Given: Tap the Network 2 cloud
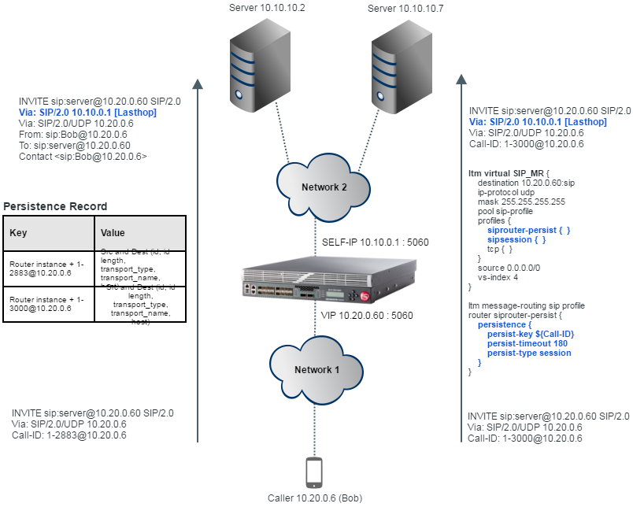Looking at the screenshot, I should point(323,187).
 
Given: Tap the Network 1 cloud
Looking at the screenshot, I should point(313,369).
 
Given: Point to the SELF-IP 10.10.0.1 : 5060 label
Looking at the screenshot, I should point(376,242).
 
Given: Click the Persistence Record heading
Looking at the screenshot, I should point(55,207).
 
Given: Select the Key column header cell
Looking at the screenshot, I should point(49,234).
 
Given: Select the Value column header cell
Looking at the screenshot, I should point(140,234).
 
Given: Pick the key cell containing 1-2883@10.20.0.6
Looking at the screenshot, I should point(49,268).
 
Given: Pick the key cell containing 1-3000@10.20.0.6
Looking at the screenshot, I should point(49,303).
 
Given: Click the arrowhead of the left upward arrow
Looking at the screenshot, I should point(197,83).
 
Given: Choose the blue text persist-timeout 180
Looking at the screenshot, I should point(527,344).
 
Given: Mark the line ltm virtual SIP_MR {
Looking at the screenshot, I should point(509,172).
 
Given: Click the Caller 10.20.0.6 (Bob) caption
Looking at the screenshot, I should point(314,498).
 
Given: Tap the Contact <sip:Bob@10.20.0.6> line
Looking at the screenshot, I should point(83,157).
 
